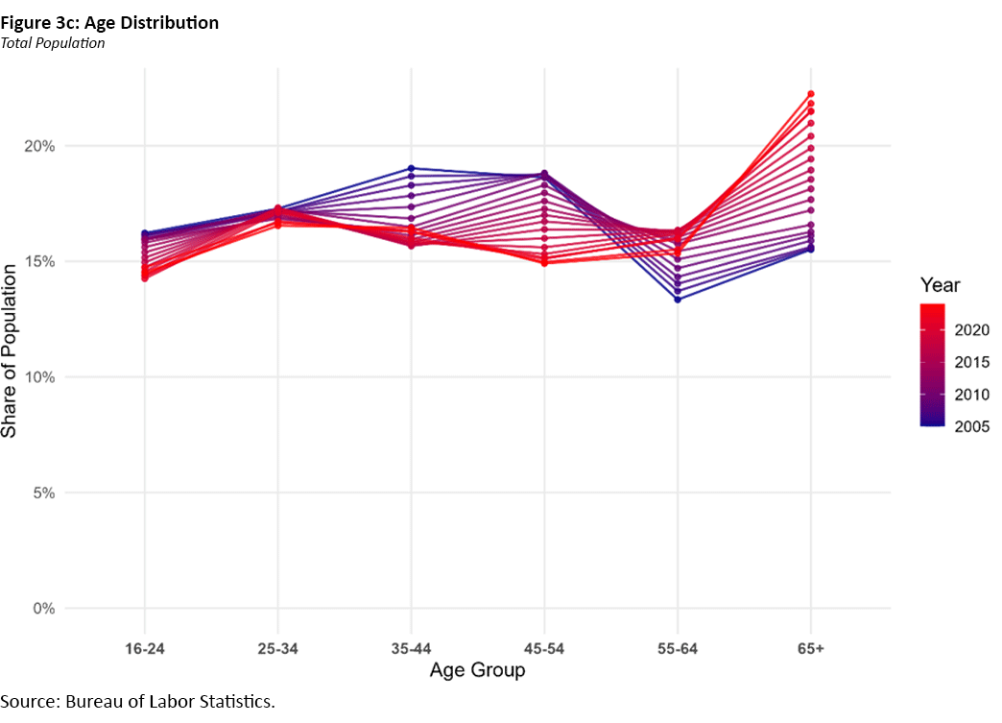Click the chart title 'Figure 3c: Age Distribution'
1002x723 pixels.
coord(109,22)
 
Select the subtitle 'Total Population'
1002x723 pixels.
coord(53,43)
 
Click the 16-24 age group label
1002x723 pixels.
coord(144,649)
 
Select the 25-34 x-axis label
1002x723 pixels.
coord(277,649)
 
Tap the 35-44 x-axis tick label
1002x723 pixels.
coord(411,649)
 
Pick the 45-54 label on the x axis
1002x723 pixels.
coord(544,649)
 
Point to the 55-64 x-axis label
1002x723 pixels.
coord(678,649)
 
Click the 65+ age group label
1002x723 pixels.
coord(811,649)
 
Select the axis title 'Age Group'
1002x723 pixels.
coord(477,670)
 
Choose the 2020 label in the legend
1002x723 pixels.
coord(972,329)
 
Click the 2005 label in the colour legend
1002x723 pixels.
coord(972,427)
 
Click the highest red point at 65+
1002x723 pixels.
coord(811,94)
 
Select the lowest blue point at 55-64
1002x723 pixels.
coord(678,300)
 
